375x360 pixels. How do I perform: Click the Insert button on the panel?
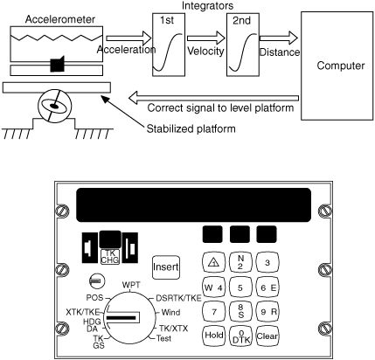click(x=166, y=267)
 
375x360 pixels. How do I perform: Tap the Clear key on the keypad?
click(x=267, y=336)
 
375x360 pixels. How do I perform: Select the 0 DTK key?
click(x=240, y=336)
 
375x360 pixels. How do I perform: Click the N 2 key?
click(x=240, y=262)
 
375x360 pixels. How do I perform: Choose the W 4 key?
click(x=213, y=287)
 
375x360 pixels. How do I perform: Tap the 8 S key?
click(x=240, y=311)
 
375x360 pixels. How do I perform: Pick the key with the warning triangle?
click(x=213, y=263)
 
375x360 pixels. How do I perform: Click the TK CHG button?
click(x=110, y=256)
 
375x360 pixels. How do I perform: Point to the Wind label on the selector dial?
click(x=170, y=313)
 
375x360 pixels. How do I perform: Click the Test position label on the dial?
click(x=163, y=338)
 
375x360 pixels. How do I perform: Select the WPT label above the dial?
click(x=131, y=285)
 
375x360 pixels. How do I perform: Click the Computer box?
click(x=337, y=66)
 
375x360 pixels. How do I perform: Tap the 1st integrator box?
click(x=169, y=45)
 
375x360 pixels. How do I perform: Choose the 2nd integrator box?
click(x=243, y=45)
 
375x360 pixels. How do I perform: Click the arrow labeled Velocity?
click(x=206, y=38)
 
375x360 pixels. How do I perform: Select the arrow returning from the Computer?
click(x=213, y=98)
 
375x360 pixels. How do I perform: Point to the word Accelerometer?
click(x=60, y=19)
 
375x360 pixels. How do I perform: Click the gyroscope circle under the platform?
click(x=54, y=106)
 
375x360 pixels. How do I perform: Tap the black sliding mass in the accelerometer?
click(x=57, y=64)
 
